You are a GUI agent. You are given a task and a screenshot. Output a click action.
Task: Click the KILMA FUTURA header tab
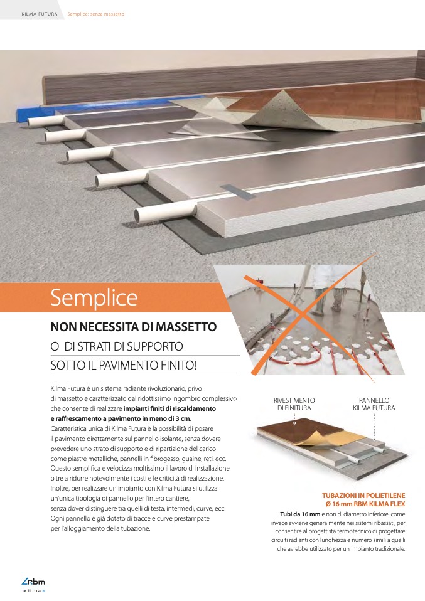tap(40, 14)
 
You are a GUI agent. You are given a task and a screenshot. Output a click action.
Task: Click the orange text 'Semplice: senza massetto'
tap(96, 14)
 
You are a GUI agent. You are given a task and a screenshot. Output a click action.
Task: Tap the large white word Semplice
tap(94, 298)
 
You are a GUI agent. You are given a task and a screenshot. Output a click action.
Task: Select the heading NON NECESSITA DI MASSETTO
tap(134, 327)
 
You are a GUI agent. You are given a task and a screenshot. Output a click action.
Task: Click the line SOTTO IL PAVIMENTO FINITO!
tap(124, 365)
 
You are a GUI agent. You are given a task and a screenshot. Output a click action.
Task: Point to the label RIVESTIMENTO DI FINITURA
tap(294, 404)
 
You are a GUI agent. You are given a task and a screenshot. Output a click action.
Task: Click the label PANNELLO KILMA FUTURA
tap(374, 404)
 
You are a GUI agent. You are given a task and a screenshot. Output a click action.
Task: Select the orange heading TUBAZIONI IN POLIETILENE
tap(363, 496)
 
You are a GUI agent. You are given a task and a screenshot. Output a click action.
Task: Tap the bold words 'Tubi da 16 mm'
tap(300, 514)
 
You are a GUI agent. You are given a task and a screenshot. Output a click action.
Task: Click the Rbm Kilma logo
tap(33, 585)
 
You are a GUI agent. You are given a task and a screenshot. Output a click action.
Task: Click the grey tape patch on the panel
tap(238, 191)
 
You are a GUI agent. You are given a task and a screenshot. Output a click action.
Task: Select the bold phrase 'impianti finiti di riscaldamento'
tap(169, 408)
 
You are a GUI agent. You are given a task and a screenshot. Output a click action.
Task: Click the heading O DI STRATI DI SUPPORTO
tap(117, 346)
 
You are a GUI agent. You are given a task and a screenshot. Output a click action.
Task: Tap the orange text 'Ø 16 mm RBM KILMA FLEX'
tap(365, 504)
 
